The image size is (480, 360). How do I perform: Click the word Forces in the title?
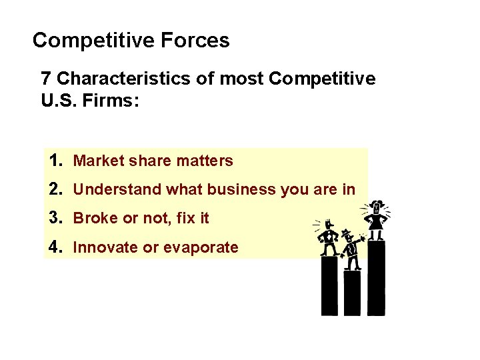[195, 41]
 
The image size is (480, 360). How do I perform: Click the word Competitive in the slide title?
[94, 41]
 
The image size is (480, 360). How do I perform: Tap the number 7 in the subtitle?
[45, 79]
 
